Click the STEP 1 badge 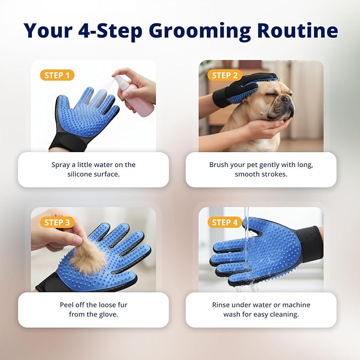point(58,75)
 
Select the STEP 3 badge point(58,222)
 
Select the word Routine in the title point(297,30)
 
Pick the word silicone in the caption point(82,174)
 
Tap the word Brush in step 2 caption point(219,165)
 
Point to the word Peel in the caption point(67,305)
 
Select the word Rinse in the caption point(221,305)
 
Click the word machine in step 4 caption point(292,305)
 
